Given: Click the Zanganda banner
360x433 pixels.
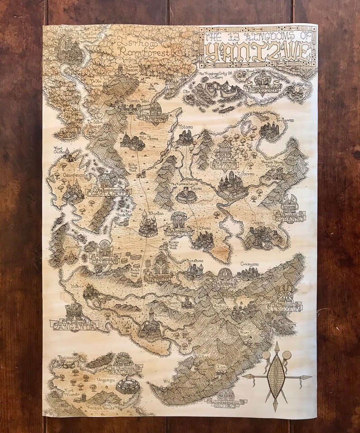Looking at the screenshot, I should (x=73, y=325).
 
